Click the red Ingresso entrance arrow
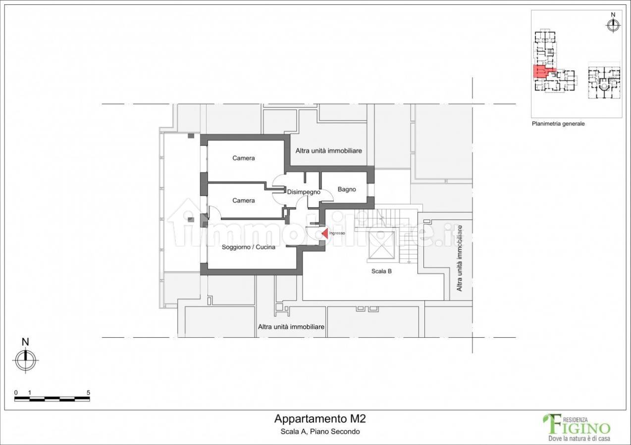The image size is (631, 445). pos(325,233)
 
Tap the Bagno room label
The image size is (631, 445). pos(347,189)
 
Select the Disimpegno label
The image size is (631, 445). pos(304,192)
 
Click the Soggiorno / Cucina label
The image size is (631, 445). pos(249,247)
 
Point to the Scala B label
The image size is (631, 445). pos(381,271)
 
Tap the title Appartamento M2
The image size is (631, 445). pos(320,419)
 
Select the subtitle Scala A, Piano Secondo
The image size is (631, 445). pos(320,432)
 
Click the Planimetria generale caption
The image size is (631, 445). pos(558,124)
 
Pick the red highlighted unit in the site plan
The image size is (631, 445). pos(542,71)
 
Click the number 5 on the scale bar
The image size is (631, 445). pos(88,393)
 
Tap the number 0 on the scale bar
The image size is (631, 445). pos(16,393)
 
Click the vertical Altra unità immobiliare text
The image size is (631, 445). pos(460,258)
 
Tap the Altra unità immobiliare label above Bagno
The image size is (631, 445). pos(329,151)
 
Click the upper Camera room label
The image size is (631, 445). pos(244,158)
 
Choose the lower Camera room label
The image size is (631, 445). pos(244,201)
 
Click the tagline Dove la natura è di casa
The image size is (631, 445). pos(579,439)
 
